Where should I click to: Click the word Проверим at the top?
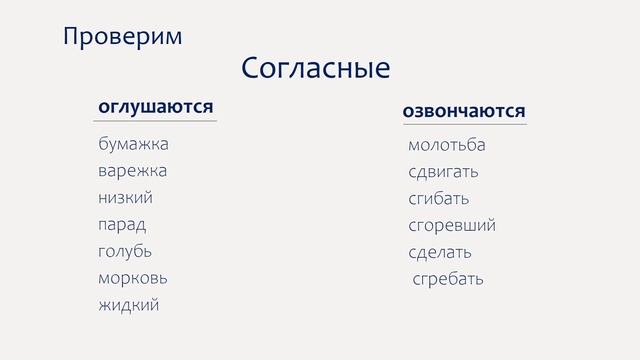click(x=122, y=37)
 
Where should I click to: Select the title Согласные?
click(x=315, y=69)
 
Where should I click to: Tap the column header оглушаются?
click(x=156, y=106)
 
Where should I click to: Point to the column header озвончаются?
click(x=463, y=111)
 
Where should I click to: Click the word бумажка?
click(x=134, y=144)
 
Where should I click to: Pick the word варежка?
click(x=132, y=171)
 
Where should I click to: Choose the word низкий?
click(x=125, y=198)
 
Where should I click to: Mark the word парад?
click(x=122, y=225)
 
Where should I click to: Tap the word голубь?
click(x=125, y=251)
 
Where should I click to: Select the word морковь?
click(x=133, y=278)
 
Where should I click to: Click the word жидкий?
click(x=128, y=305)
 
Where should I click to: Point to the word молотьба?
click(x=446, y=146)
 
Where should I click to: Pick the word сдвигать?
click(x=443, y=172)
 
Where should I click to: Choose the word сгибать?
click(x=438, y=199)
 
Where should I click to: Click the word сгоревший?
click(x=452, y=225)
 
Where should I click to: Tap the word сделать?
click(x=440, y=252)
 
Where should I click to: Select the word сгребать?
click(x=448, y=279)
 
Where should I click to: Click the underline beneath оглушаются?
click(x=156, y=121)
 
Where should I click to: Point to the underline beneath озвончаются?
click(x=463, y=125)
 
